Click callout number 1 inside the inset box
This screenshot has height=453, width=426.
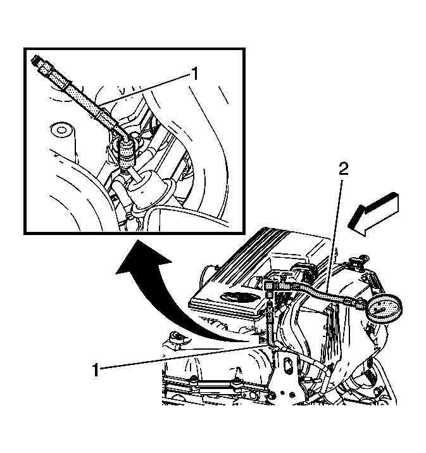pos(195,73)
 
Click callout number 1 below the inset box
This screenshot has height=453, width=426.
pos(95,370)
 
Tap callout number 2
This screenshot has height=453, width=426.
pos(343,169)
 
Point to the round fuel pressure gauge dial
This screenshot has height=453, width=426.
pos(384,309)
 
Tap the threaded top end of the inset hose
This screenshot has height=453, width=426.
pos(36,60)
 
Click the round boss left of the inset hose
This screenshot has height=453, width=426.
pos(61,130)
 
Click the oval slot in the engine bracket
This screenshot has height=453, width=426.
pos(288,367)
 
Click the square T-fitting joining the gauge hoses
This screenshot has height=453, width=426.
pos(269,286)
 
